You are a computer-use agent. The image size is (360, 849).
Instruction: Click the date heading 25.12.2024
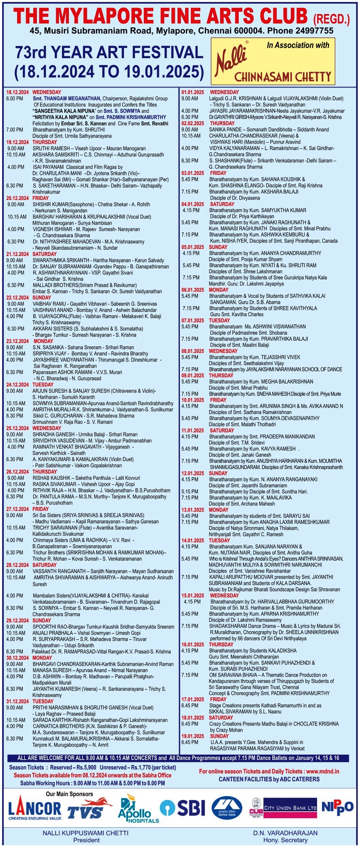pos(17,428)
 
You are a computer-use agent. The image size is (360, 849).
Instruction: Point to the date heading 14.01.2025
pos(193,540)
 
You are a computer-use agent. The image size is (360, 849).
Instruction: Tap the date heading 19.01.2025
pos(193,736)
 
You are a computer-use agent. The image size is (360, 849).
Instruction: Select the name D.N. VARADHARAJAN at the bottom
pos(285,833)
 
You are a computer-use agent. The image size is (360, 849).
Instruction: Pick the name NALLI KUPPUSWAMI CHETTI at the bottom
pos(86,833)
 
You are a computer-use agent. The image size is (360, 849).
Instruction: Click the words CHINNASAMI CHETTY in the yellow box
pos(283,77)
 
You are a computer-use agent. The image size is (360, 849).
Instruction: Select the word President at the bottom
pos(86,840)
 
